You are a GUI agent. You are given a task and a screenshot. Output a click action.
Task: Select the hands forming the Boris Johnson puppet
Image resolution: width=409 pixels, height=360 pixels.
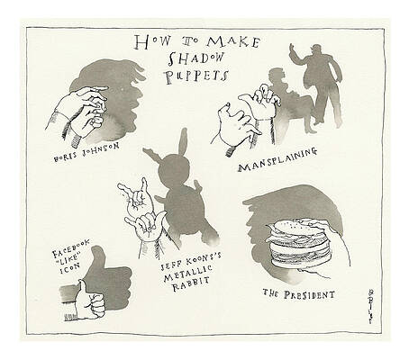[x=86, y=112]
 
